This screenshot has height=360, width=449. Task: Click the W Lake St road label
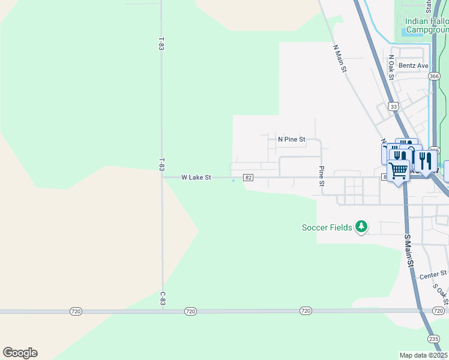click(x=196, y=178)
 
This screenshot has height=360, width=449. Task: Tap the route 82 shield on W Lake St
click(x=249, y=178)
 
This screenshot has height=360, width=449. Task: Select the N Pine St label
click(x=292, y=139)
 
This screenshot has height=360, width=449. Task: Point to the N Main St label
click(x=340, y=58)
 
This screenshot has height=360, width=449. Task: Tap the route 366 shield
click(x=434, y=76)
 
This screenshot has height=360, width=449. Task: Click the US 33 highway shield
click(x=393, y=106)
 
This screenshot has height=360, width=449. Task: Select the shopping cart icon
click(x=399, y=171)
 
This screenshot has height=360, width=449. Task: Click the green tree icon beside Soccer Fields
click(x=361, y=227)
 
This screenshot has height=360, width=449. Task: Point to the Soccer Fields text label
click(x=327, y=227)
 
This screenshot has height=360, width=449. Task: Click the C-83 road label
click(x=162, y=298)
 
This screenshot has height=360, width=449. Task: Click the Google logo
click(x=20, y=353)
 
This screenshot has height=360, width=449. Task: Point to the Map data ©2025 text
click(x=424, y=355)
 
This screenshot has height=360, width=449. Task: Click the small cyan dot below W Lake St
click(x=234, y=181)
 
